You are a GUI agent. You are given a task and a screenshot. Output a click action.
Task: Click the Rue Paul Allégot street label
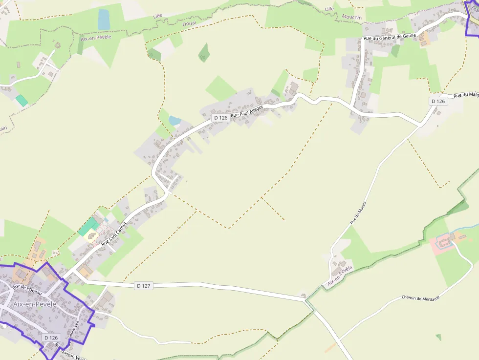click(247, 110)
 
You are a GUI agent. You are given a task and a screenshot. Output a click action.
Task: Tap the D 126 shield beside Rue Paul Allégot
click(220, 118)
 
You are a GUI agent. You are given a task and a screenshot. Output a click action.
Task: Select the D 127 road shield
click(143, 286)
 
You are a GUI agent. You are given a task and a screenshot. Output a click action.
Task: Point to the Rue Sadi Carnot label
click(114, 233)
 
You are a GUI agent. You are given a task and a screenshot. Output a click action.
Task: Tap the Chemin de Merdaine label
click(420, 297)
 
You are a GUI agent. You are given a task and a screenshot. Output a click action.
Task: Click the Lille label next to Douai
click(157, 16)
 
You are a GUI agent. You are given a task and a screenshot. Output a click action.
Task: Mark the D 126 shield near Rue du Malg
click(438, 101)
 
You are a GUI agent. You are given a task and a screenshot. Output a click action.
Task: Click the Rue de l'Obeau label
click(27, 289)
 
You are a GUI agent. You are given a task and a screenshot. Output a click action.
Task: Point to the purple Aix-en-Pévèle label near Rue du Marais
click(340, 276)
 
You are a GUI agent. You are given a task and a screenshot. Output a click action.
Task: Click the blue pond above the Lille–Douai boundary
click(104, 20)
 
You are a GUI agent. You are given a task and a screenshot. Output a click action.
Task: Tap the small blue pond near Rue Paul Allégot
click(174, 120)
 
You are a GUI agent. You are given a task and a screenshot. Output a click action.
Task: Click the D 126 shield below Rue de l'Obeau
click(51, 338)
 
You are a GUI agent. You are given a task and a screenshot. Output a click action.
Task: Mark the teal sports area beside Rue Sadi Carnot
click(88, 227)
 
